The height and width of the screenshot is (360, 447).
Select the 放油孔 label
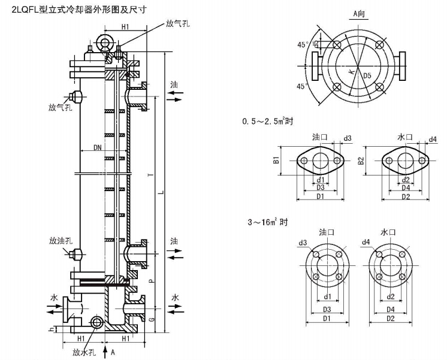click(61, 241)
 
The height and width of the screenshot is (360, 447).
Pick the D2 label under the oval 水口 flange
click(405, 197)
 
